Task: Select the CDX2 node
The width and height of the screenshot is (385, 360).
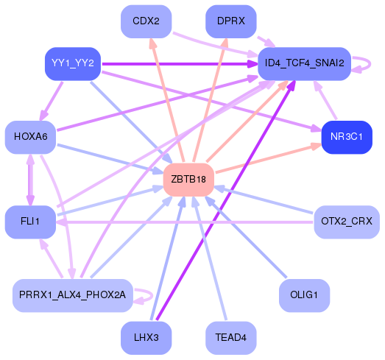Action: click(x=146, y=21)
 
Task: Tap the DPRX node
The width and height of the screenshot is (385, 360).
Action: click(x=230, y=21)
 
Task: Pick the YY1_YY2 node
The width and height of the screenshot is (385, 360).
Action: click(x=71, y=63)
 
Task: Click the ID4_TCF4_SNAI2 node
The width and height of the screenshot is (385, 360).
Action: click(x=304, y=63)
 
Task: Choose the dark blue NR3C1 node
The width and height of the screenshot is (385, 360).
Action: click(x=346, y=137)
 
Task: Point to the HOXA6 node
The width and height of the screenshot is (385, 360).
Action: click(x=30, y=137)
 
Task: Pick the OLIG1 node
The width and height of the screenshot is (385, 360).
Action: click(x=304, y=295)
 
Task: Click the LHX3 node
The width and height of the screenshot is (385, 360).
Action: click(x=146, y=337)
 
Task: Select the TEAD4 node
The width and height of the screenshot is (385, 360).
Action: click(x=230, y=337)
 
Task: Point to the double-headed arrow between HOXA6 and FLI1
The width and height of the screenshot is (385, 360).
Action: click(x=30, y=179)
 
